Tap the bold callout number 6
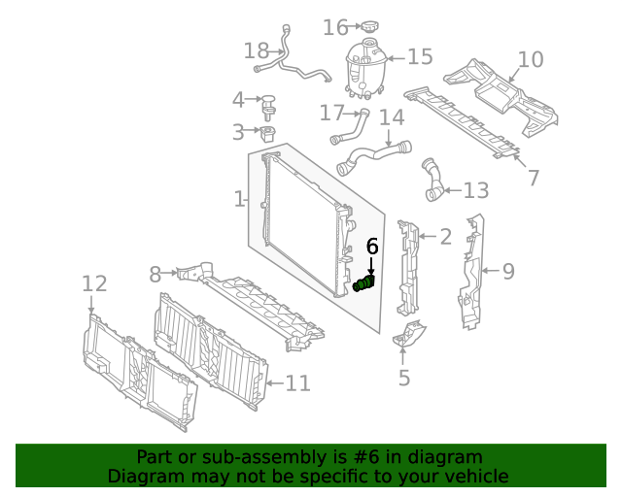[x=372, y=247]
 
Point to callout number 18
[x=257, y=50]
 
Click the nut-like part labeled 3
[x=267, y=132]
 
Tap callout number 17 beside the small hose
[x=331, y=114]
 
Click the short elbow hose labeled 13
[x=432, y=182]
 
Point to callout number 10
[x=531, y=59]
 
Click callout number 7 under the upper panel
[x=533, y=178]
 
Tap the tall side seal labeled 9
[x=472, y=272]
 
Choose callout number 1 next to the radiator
[x=239, y=199]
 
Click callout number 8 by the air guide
[x=155, y=275]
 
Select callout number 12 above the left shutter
[x=93, y=283]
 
